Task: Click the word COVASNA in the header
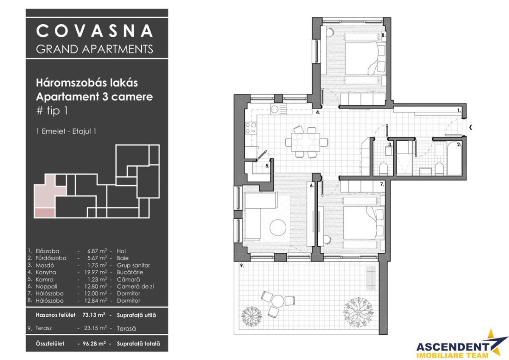click(x=94, y=31)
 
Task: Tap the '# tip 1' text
click(x=52, y=111)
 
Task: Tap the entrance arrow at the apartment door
click(x=470, y=126)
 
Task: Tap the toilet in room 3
click(x=383, y=168)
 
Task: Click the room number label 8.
click(x=383, y=36)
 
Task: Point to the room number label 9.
click(x=241, y=266)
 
